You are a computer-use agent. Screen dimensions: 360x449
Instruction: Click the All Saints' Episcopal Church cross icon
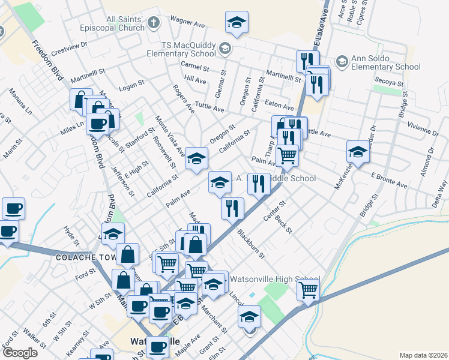point(154,23)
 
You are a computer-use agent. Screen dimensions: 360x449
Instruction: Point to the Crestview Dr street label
point(70,45)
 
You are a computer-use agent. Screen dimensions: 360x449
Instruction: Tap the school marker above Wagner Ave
point(237,23)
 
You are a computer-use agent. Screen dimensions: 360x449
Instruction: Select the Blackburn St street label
point(250,244)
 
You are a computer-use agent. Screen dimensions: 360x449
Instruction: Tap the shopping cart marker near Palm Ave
point(288,154)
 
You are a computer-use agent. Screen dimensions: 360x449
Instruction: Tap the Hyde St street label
point(71,234)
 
